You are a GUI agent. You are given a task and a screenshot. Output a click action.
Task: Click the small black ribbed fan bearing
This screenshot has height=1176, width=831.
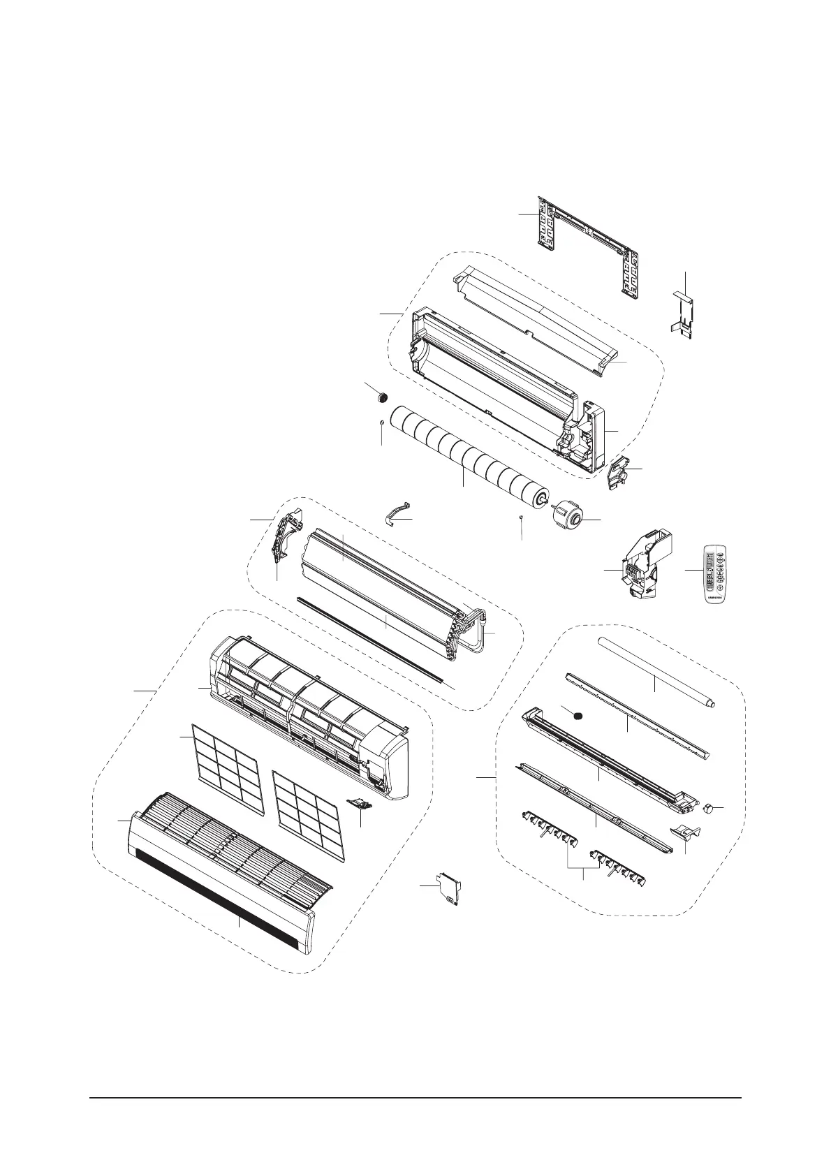click(x=381, y=398)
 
